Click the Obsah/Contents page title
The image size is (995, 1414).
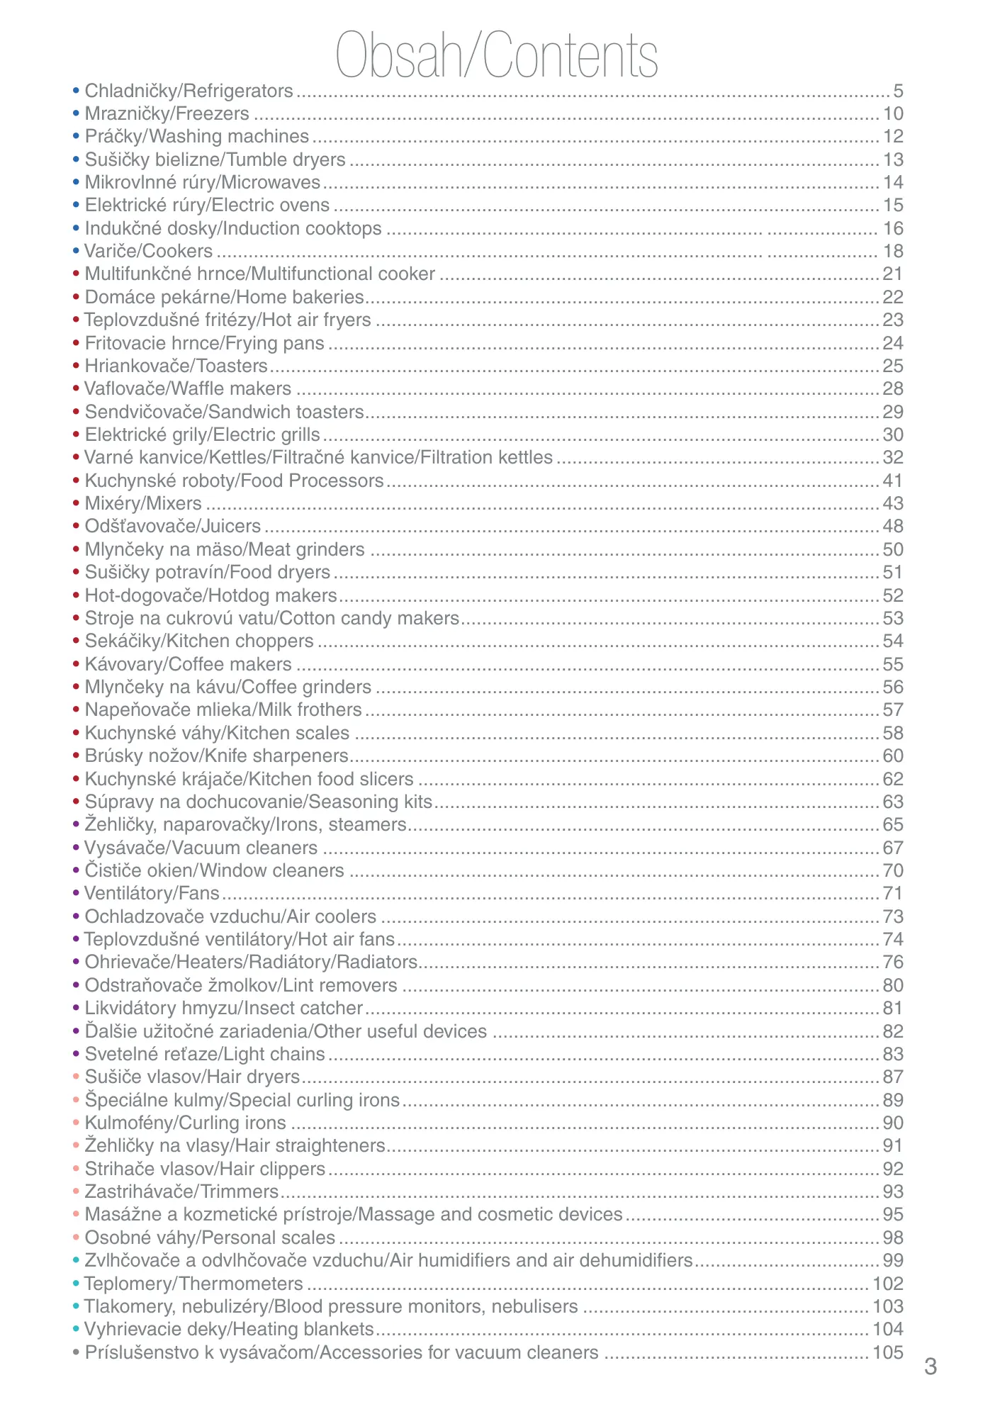(497, 55)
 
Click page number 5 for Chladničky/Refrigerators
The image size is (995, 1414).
(898, 91)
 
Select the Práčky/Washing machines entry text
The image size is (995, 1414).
(197, 136)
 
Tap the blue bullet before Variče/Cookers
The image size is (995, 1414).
(76, 251)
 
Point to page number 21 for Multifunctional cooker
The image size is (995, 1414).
(893, 274)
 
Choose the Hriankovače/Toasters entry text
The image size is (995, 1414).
(176, 366)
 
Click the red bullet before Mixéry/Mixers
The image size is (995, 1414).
(76, 503)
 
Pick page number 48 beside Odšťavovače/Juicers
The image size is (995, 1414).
(893, 526)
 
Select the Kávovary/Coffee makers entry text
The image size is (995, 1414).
(188, 664)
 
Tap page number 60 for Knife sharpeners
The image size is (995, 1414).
(893, 756)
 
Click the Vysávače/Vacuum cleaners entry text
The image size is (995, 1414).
(201, 848)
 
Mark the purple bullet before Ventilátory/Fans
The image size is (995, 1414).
(76, 893)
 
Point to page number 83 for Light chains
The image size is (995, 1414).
(893, 1054)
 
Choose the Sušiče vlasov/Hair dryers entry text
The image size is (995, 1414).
(192, 1077)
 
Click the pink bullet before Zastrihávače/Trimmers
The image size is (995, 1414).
(76, 1191)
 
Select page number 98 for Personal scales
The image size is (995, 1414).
(893, 1238)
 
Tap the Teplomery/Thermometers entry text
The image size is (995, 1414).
(193, 1284)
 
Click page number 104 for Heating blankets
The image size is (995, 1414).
(888, 1329)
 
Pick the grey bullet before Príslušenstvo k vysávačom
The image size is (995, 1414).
(76, 1352)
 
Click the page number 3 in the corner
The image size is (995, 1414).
(931, 1367)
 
